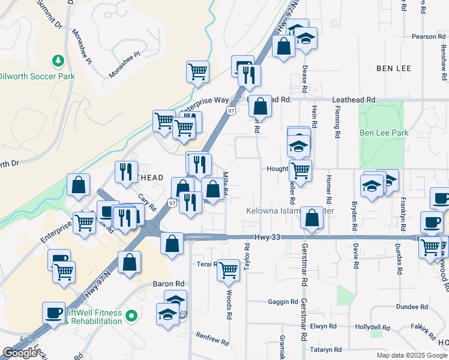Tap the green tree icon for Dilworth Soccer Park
click(58, 61)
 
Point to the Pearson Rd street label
click(428, 37)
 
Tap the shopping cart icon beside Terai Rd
click(228, 269)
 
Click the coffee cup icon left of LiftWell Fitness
click(53, 312)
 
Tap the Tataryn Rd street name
click(326, 350)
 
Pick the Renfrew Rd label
click(213, 340)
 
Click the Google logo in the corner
click(20, 353)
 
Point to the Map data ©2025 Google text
click(412, 355)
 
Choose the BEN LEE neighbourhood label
click(394, 68)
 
